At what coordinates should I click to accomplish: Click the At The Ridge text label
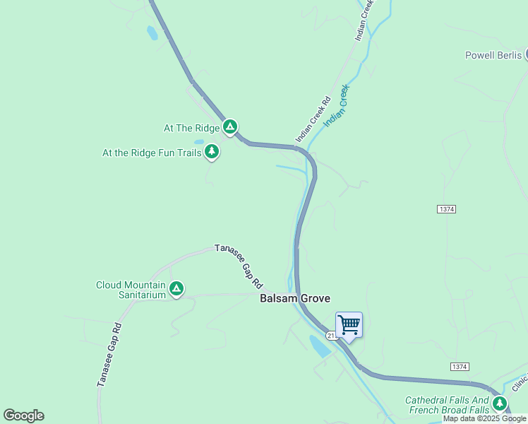[x=192, y=129]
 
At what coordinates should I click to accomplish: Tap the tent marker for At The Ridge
[x=229, y=127]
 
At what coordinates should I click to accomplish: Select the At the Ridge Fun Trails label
[x=152, y=152]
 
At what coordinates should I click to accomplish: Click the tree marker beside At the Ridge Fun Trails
[x=211, y=151]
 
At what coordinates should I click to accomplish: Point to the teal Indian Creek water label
[x=337, y=107]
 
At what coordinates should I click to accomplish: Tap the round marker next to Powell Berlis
[x=526, y=54]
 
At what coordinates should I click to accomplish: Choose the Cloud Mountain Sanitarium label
[x=131, y=290]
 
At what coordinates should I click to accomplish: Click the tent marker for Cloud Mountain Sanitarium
[x=176, y=288]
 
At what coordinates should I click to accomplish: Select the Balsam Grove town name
[x=295, y=298]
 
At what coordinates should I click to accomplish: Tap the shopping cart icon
[x=349, y=325]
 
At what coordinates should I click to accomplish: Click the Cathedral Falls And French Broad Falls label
[x=448, y=405]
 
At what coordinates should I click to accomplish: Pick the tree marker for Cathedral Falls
[x=500, y=404]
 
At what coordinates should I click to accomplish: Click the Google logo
[x=23, y=416]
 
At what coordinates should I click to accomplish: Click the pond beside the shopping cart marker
[x=318, y=346]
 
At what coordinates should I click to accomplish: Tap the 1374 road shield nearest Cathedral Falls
[x=459, y=367]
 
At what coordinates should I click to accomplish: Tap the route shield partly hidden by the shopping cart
[x=332, y=336]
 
